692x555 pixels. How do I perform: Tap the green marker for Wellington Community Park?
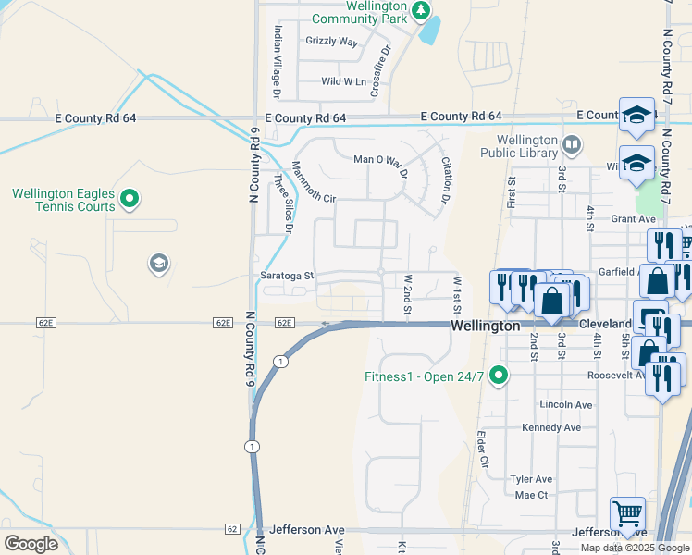(422, 11)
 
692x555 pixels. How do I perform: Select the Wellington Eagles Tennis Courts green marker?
(130, 198)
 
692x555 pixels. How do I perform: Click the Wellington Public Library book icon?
(573, 144)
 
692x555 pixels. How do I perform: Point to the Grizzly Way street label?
(331, 42)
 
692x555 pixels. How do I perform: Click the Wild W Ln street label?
(343, 81)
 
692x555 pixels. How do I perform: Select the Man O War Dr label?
(380, 160)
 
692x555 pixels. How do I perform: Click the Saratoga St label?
(287, 276)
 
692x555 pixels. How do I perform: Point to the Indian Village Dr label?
(276, 60)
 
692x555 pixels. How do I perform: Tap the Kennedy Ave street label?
(550, 427)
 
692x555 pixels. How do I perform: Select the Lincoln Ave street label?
(565, 405)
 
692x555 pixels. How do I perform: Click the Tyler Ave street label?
(531, 479)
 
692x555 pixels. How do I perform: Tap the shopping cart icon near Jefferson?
(628, 513)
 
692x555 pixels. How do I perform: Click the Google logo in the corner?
(31, 543)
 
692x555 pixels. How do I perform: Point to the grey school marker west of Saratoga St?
(158, 265)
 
